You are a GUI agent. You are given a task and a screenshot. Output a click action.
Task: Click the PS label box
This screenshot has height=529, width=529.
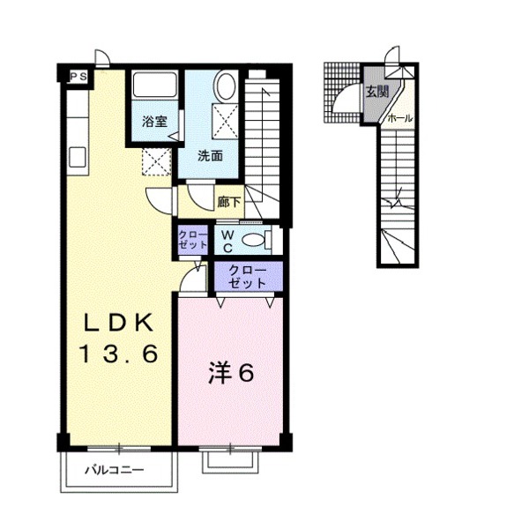[x=78, y=76]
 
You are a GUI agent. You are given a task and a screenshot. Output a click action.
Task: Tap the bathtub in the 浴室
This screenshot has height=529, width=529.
[x=154, y=85]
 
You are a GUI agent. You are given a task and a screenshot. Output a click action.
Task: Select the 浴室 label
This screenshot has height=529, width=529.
[x=154, y=121]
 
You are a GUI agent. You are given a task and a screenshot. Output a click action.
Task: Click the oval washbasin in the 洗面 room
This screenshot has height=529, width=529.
[x=226, y=86]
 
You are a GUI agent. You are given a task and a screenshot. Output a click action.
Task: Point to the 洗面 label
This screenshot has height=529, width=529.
[x=210, y=156]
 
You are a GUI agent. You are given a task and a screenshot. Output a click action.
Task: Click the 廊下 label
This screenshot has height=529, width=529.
[x=229, y=203]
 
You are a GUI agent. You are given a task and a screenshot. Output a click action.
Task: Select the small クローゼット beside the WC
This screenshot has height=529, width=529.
[x=192, y=240]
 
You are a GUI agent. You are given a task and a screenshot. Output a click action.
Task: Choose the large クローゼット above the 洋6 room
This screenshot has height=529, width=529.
[x=249, y=278]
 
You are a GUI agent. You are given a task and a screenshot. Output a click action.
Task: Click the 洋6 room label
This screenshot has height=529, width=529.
[x=231, y=372]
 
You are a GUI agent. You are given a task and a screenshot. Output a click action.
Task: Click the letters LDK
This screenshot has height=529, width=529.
[x=118, y=323]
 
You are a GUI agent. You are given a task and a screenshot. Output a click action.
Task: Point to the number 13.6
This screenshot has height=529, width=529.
[x=118, y=354]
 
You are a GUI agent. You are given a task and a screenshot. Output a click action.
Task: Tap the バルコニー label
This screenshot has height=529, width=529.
[x=114, y=470]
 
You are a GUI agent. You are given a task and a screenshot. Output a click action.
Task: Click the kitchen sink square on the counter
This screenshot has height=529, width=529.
[x=78, y=158]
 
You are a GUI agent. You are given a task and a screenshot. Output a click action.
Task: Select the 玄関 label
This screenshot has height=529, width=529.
[x=377, y=92]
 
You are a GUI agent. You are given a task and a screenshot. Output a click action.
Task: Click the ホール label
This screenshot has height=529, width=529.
[x=400, y=118]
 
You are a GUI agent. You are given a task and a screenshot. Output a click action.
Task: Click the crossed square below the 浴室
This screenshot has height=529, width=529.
[x=156, y=161]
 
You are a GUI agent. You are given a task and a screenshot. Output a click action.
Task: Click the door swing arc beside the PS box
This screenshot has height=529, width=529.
[x=103, y=57]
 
